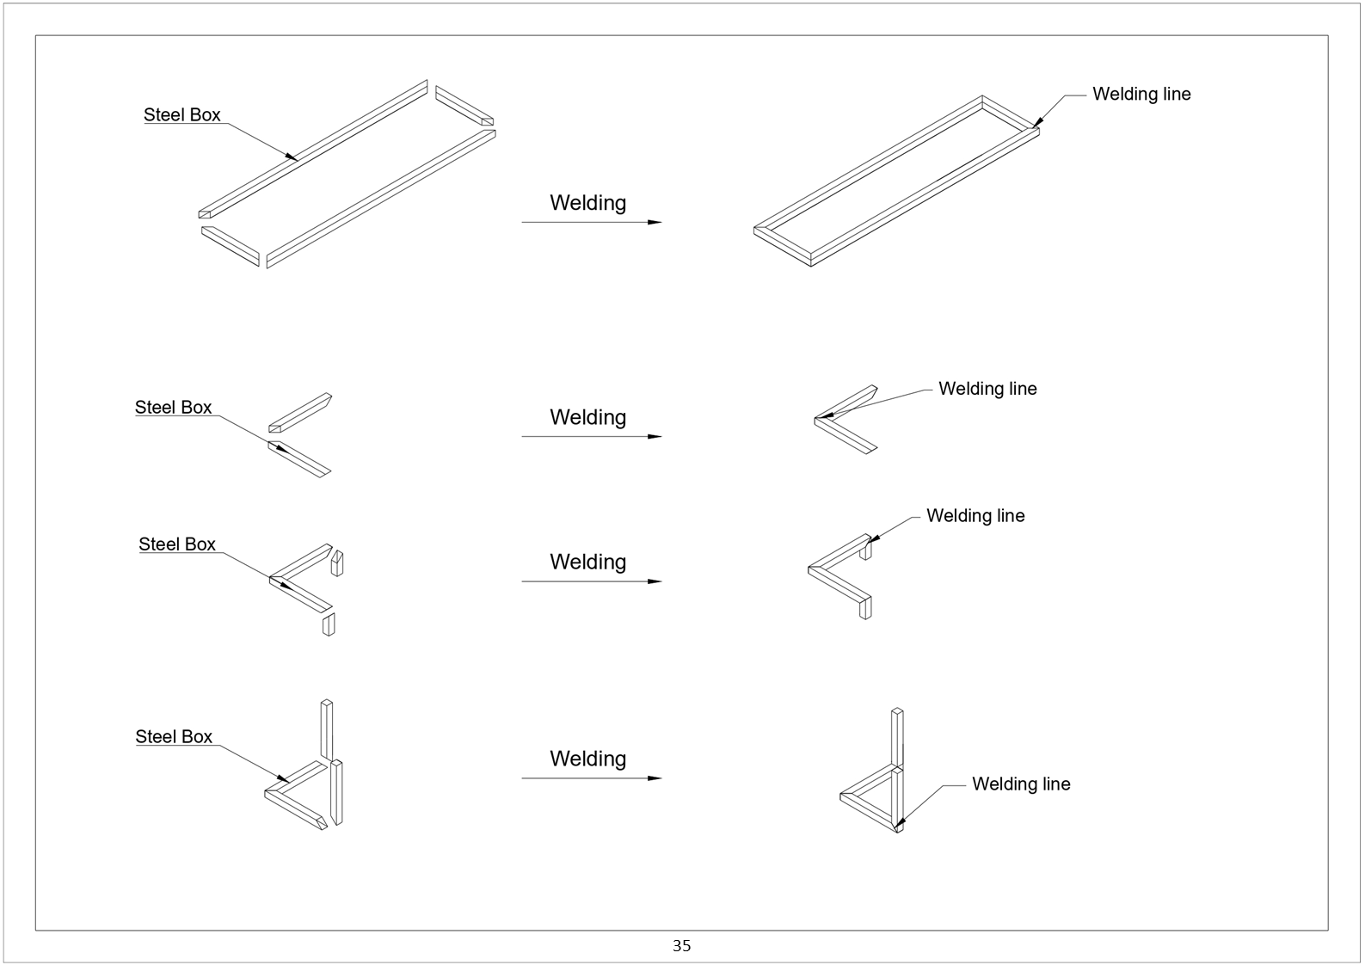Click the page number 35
(681, 946)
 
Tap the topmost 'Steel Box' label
(181, 115)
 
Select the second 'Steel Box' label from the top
(173, 408)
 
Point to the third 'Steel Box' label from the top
(177, 544)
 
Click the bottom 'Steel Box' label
(174, 737)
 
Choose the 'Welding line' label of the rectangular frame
(1141, 95)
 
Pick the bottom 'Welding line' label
(1021, 784)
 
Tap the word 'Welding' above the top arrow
(587, 203)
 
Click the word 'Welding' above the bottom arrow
(587, 759)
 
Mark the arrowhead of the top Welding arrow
(655, 222)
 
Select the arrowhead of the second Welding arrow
(655, 437)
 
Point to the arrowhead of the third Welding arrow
(655, 581)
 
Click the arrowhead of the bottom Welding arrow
(655, 778)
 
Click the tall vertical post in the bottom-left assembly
(326, 729)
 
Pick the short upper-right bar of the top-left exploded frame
(464, 106)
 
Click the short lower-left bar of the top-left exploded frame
(231, 246)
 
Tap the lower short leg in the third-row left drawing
(329, 624)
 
